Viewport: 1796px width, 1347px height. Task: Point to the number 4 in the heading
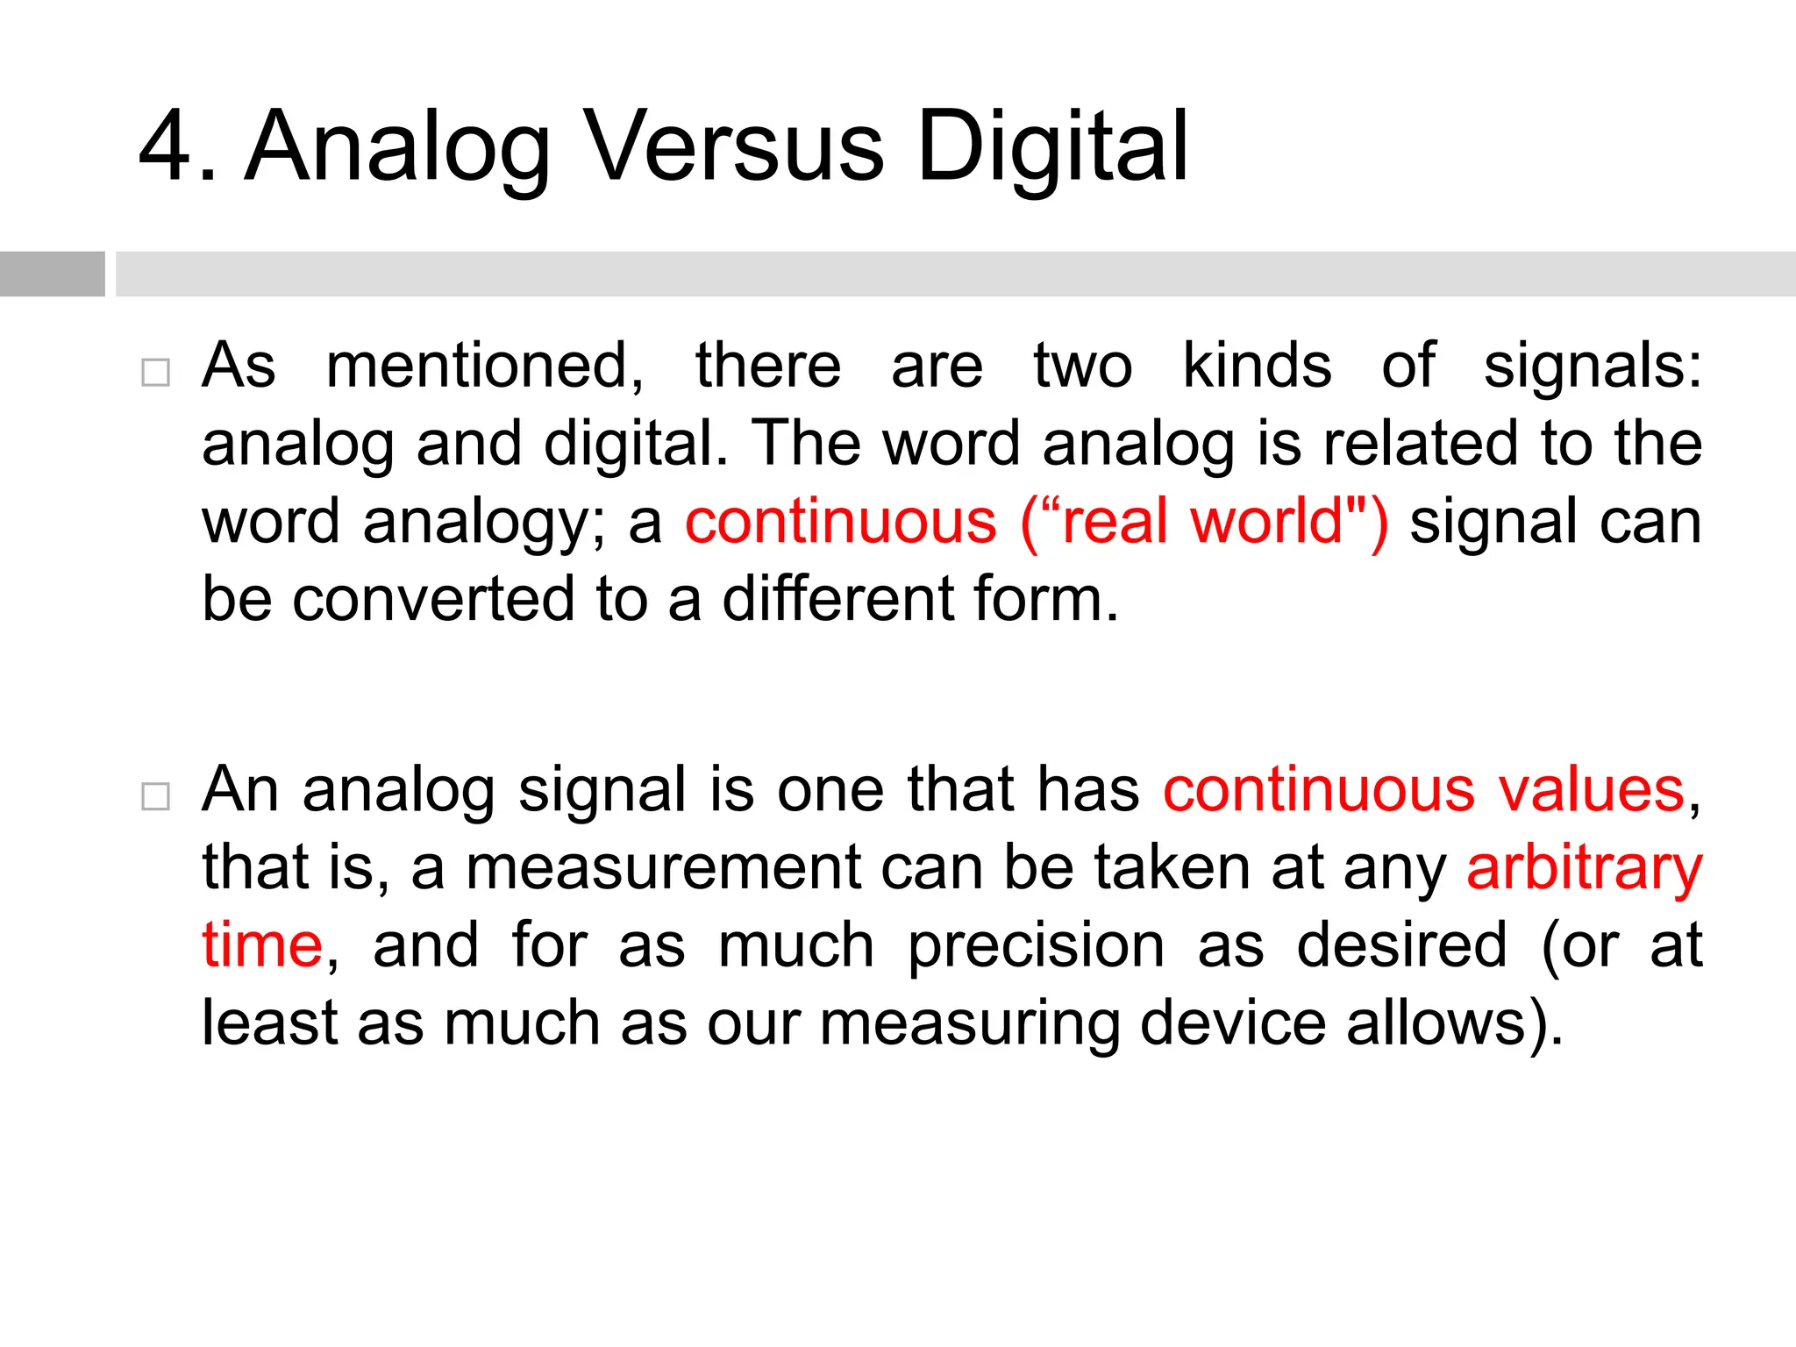167,147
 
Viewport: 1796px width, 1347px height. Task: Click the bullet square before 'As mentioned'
155,373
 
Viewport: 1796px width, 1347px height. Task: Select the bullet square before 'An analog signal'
155,796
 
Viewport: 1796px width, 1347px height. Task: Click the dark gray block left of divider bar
52,274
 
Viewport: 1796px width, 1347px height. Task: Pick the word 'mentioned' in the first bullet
484,366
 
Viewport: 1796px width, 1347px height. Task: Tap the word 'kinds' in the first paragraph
1257,366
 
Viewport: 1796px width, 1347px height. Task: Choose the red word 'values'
1591,790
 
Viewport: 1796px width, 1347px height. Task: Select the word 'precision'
1036,947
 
